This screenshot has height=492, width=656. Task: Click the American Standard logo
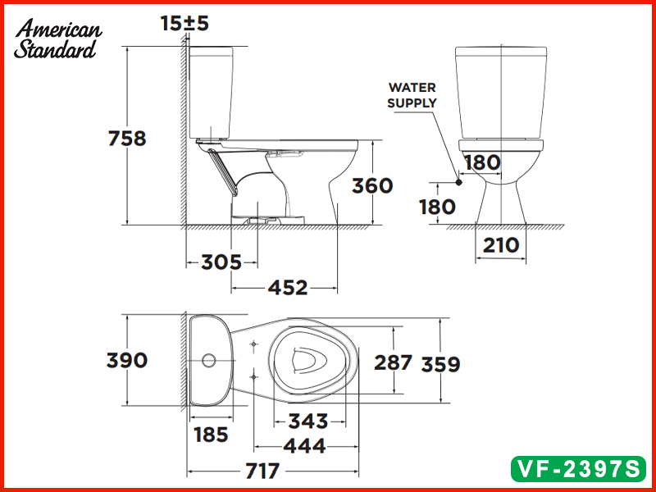tap(58, 39)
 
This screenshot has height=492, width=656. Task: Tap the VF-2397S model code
tap(576, 468)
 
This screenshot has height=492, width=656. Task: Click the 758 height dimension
tap(127, 139)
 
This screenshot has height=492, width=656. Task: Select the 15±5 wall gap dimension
tap(184, 24)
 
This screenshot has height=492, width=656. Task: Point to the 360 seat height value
tap(372, 186)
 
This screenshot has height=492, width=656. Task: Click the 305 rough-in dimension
tap(221, 262)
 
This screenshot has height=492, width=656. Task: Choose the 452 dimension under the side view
tap(287, 288)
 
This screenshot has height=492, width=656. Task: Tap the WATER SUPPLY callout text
tap(412, 95)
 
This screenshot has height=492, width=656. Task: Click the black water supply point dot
tap(458, 181)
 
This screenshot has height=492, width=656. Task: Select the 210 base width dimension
tap(500, 244)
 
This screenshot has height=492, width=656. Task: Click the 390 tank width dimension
tap(127, 360)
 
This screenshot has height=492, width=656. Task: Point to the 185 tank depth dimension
tap(211, 435)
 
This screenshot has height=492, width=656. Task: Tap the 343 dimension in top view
tap(307, 421)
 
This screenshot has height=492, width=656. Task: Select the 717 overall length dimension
tap(260, 471)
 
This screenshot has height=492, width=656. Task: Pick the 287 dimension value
tap(393, 362)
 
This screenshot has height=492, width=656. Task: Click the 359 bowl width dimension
tap(441, 363)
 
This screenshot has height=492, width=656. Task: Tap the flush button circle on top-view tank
tap(208, 359)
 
